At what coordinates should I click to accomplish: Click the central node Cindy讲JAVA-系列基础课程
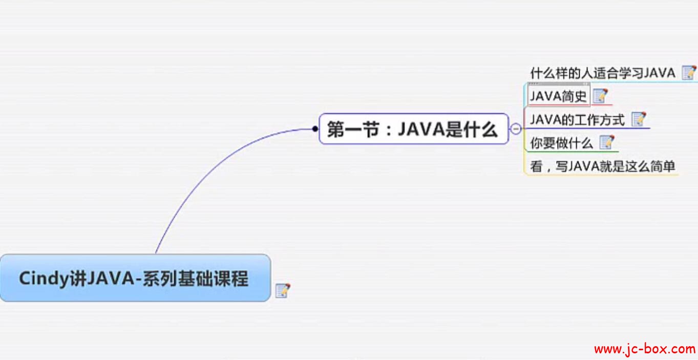point(134,278)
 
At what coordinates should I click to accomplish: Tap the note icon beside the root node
point(282,290)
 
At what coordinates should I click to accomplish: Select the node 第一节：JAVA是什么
point(413,130)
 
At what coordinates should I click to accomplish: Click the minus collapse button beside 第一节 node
point(516,129)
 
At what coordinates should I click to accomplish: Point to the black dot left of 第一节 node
point(315,129)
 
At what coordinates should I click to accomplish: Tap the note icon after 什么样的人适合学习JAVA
point(689,73)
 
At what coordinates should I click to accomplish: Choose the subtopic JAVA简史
point(558,96)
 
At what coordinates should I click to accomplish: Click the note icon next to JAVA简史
point(600,96)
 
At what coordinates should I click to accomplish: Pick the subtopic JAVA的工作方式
point(578,120)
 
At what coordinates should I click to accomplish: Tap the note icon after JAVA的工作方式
point(639,119)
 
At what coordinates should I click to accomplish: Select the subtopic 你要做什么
point(561,143)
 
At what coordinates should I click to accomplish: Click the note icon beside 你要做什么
point(607,142)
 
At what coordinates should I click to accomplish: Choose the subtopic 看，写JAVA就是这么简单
point(602,166)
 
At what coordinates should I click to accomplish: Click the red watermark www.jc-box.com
point(644,349)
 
